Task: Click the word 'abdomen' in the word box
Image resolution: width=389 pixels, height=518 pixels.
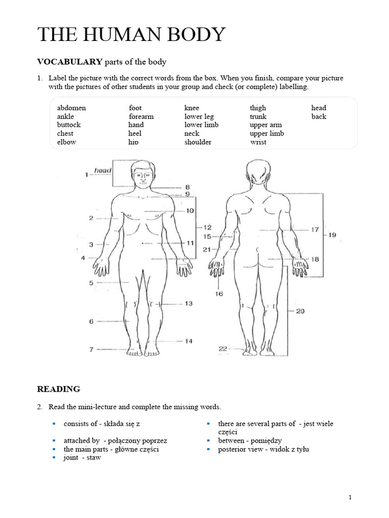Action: click(71, 108)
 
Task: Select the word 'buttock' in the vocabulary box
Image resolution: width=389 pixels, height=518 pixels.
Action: click(69, 125)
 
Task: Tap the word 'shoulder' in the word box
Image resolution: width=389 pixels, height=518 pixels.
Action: click(198, 142)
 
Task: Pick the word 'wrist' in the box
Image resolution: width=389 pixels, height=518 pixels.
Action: click(258, 142)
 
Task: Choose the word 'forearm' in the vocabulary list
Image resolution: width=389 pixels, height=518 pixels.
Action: click(141, 116)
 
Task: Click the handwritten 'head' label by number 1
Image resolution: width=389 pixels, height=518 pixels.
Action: click(103, 171)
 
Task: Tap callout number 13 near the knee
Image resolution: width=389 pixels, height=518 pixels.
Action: click(188, 304)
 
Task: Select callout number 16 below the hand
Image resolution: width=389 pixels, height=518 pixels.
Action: click(219, 293)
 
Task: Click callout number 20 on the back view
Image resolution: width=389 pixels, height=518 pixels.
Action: click(300, 311)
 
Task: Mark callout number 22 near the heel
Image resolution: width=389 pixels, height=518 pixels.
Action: click(222, 349)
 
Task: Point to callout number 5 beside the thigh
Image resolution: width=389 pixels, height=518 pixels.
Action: click(92, 283)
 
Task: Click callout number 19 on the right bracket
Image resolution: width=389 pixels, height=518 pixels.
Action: click(332, 235)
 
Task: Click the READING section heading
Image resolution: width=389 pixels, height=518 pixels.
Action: click(59, 389)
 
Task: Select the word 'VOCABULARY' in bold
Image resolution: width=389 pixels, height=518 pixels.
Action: click(69, 62)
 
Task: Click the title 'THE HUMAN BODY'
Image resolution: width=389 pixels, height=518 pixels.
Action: click(132, 34)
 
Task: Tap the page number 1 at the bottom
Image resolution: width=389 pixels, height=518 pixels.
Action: click(350, 498)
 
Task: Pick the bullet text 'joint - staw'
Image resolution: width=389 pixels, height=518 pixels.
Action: click(82, 457)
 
